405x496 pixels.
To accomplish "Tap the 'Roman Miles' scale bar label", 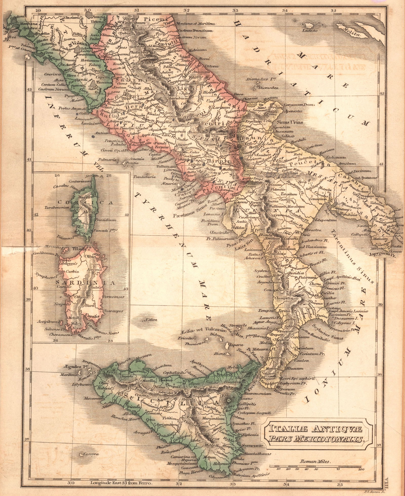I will [315, 462].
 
